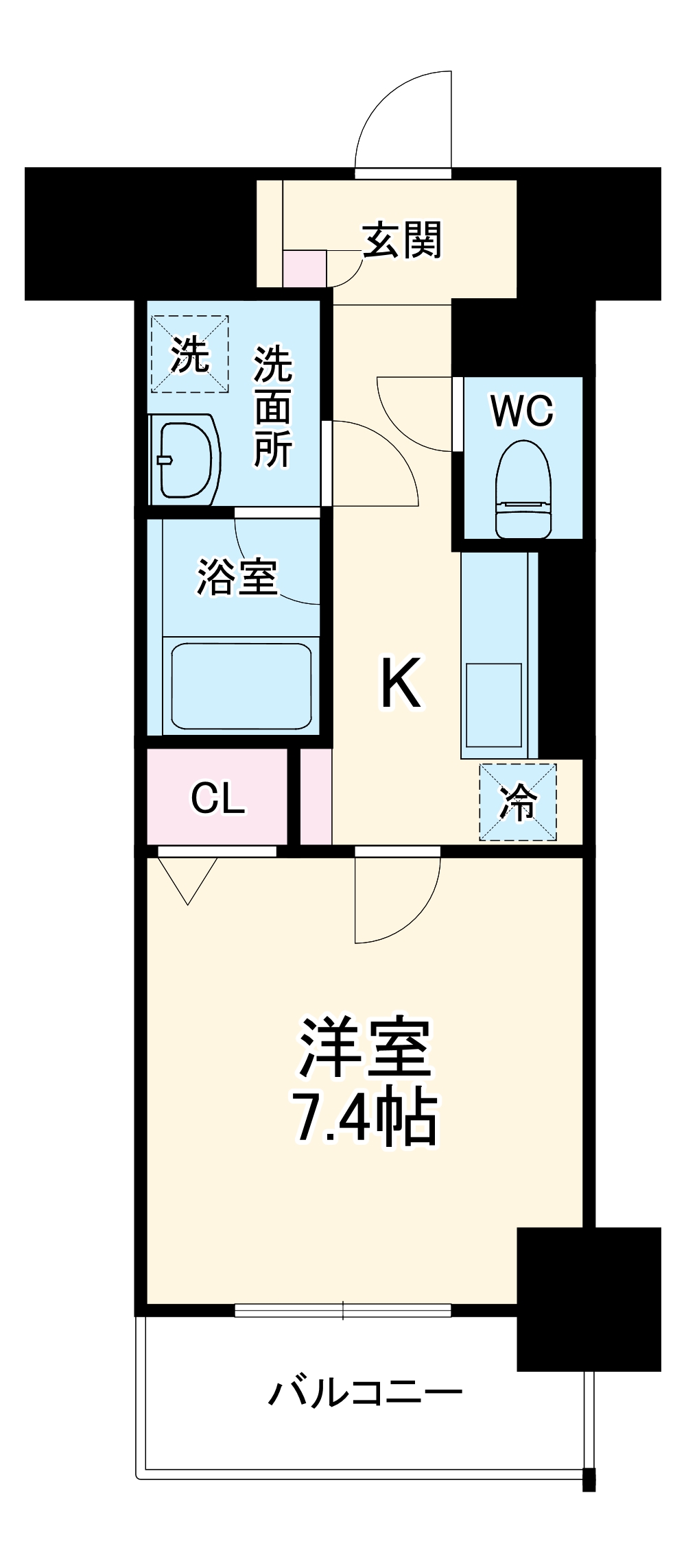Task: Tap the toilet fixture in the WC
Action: (523, 489)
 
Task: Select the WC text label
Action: (522, 411)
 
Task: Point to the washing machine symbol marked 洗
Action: (189, 354)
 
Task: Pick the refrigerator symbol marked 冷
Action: (518, 802)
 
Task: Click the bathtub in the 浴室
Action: (241, 686)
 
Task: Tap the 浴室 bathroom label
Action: (237, 577)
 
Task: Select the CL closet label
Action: (217, 798)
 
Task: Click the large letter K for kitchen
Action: (401, 683)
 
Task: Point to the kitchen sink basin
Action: (494, 705)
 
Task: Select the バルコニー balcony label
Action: (365, 1392)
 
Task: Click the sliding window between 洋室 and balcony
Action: (343, 1310)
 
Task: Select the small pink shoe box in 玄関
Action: (305, 269)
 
